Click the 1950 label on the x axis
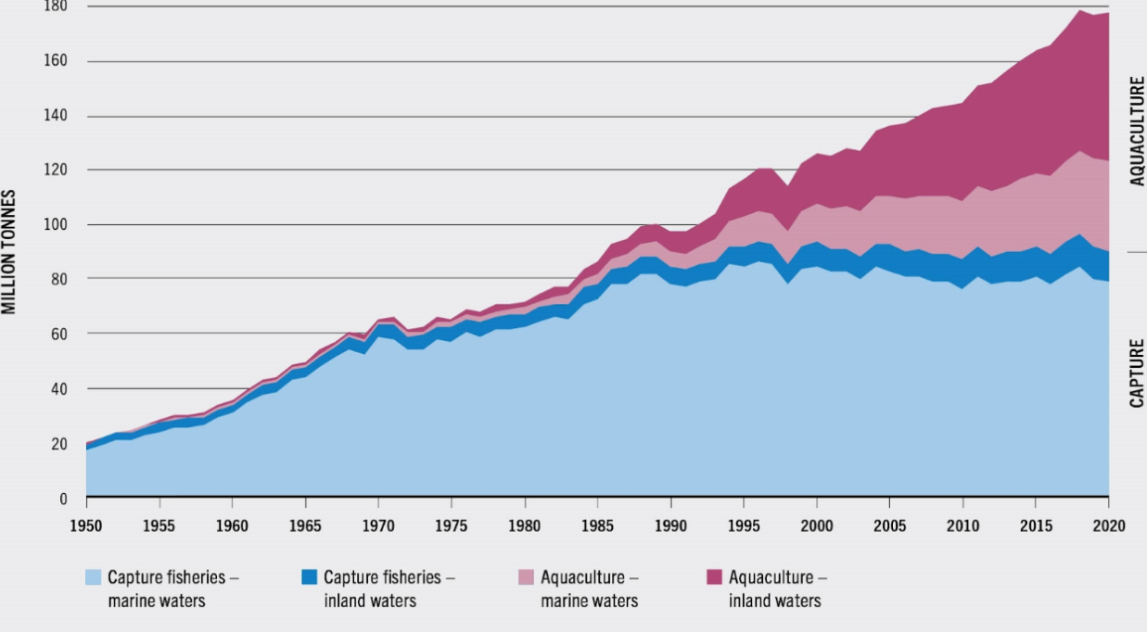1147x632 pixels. [86, 526]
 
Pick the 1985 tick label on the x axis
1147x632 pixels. [598, 526]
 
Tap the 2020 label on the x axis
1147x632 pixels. [1109, 526]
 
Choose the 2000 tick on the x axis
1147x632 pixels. [817, 526]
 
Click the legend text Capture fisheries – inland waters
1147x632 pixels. [389, 588]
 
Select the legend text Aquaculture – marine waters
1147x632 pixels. [590, 588]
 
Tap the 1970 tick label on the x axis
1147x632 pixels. [378, 526]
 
